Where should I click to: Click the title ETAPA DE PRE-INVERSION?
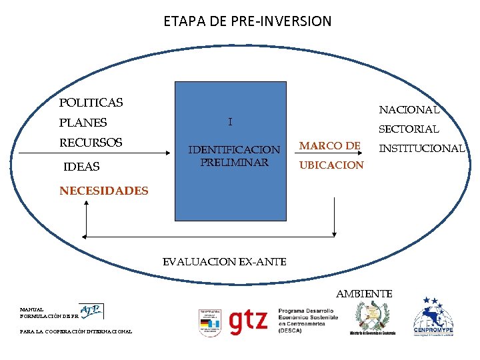coord(247,21)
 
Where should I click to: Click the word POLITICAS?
coord(91,103)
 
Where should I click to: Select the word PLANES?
coord(83,123)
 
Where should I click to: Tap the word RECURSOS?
coord(91,143)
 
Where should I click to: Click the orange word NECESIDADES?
coord(103,191)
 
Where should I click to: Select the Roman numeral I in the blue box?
coord(230,122)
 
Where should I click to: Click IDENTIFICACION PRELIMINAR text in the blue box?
coord(234,156)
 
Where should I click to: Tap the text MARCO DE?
coord(329,145)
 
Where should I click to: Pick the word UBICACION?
coord(331,165)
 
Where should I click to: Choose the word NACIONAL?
coord(409,109)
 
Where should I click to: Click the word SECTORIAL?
coord(409,129)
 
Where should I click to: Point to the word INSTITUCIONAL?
coord(421,148)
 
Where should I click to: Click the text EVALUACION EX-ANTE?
coord(225,262)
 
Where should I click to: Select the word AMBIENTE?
coord(364,293)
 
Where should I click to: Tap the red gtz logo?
coord(247,322)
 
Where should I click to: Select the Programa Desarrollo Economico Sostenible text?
coord(307,321)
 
